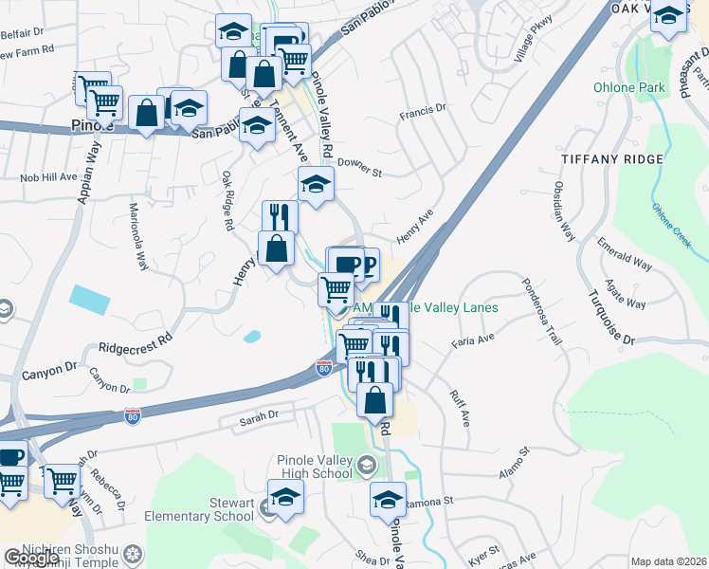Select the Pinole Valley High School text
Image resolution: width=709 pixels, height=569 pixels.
[315, 467]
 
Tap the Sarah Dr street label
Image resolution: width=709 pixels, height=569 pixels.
[258, 415]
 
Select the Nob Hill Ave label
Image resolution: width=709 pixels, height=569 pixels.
[48, 177]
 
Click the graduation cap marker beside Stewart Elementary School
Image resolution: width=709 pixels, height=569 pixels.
[284, 497]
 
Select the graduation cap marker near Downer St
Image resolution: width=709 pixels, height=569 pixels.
[316, 184]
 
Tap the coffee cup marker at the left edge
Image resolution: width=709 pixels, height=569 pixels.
[9, 457]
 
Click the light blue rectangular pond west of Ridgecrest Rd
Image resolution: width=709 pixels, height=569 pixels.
[88, 300]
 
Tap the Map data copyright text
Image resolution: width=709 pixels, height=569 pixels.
[669, 561]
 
